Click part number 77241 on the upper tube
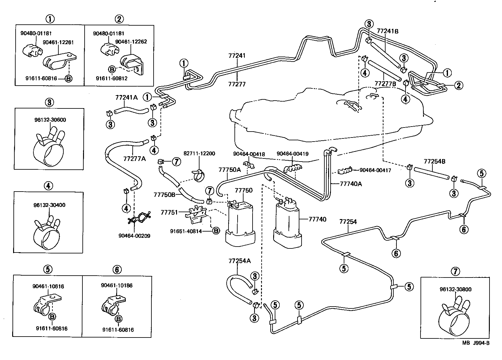(237, 56)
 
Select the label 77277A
(134, 159)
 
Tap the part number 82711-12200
(199, 154)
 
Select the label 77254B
(434, 162)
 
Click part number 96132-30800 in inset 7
(455, 289)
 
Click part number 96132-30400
(49, 205)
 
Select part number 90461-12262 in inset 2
(131, 42)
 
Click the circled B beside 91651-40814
(216, 231)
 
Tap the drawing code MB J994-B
(476, 343)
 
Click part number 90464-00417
(375, 170)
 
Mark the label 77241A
(126, 97)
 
